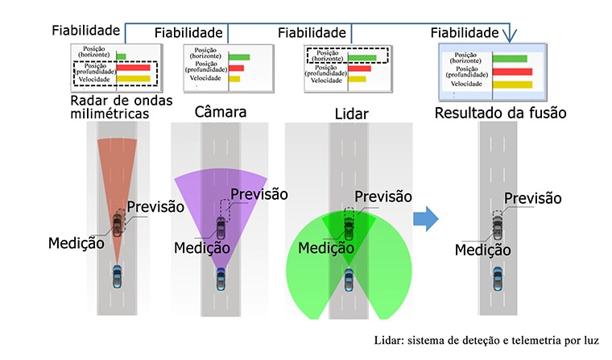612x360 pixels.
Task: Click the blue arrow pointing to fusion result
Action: point(426,218)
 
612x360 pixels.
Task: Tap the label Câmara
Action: point(221,112)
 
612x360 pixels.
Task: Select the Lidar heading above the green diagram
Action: point(352,114)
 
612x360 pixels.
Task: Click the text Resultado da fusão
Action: point(500,113)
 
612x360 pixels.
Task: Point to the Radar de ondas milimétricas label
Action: point(122,107)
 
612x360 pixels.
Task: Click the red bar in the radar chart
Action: point(133,68)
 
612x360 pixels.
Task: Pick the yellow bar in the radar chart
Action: point(133,79)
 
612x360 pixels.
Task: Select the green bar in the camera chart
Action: point(239,57)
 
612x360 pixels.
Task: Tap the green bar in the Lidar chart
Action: point(362,58)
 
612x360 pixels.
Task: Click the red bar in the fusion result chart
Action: point(512,72)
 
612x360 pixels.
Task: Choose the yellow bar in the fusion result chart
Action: point(512,85)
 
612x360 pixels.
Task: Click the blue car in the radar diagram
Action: point(117,276)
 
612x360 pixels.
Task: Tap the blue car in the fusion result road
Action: point(498,279)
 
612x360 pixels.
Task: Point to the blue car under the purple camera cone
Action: point(221,279)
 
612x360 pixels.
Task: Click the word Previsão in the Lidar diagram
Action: point(382,197)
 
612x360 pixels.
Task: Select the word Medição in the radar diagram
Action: point(76,243)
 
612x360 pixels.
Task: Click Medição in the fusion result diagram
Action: point(483,250)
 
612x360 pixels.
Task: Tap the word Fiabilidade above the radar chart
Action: point(86,31)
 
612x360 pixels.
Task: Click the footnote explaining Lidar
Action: point(486,341)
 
